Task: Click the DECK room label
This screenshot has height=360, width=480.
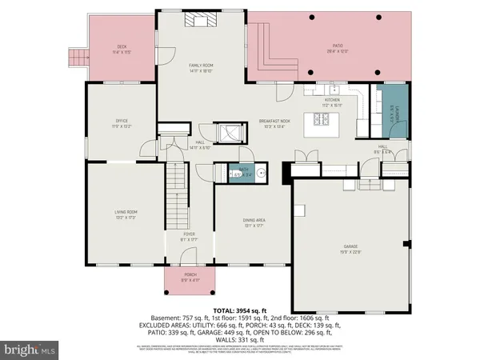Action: pos(122,49)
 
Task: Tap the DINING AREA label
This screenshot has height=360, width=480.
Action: pos(253,224)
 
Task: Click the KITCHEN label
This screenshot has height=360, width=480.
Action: pos(331,102)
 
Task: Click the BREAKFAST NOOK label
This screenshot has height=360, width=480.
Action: pos(274,122)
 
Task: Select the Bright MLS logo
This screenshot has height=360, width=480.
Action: pos(30,350)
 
